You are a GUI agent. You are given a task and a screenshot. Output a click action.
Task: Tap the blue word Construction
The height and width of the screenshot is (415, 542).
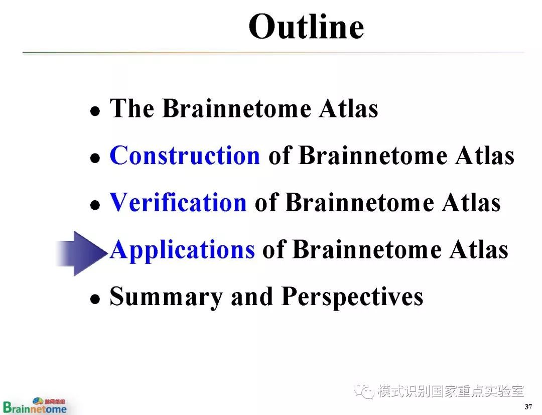coord(185,155)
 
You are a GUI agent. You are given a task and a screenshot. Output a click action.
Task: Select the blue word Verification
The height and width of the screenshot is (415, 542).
coord(178,202)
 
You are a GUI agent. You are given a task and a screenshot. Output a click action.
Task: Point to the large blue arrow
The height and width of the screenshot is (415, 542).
coord(82,253)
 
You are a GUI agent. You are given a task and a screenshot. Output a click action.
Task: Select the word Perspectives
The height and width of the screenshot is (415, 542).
coord(352,297)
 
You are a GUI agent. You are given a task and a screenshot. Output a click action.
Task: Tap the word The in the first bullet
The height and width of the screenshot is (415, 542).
coord(131,108)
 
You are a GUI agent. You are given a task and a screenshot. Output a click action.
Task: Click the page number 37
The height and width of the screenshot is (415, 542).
coord(528,406)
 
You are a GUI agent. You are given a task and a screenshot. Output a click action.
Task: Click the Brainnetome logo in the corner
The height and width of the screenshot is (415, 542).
coord(35,405)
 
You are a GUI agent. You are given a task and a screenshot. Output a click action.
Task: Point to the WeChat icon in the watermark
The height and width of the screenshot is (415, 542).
coord(364,391)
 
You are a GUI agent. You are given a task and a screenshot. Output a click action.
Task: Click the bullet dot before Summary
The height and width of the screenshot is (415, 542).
coord(95,299)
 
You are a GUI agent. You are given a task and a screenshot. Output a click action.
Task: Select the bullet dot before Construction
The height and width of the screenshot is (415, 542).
coord(95,158)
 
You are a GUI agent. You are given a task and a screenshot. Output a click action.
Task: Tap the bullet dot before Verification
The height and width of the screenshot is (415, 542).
coord(95,205)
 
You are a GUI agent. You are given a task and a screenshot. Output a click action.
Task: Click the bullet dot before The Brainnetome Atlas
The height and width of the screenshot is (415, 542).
coord(95,111)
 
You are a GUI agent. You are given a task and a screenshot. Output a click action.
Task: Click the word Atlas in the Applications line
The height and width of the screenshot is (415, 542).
coord(479,249)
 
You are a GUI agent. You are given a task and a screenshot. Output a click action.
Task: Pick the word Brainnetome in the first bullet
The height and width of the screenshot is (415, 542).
coord(237,108)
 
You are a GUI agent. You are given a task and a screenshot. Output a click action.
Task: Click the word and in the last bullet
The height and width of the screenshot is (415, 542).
coord(252,297)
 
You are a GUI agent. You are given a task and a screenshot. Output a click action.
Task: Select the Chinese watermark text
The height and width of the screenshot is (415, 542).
coord(451,391)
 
